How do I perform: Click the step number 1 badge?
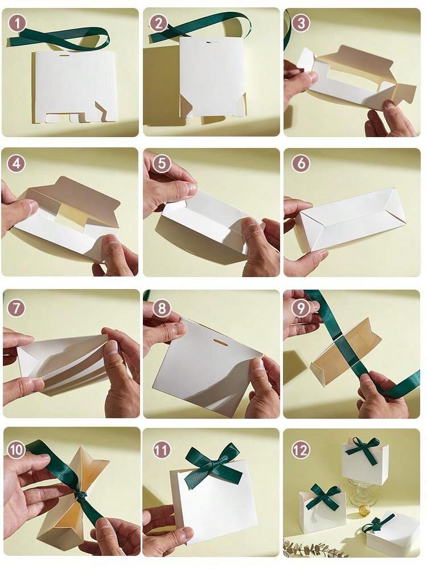tap(17, 23)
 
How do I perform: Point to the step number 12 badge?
tap(300, 450)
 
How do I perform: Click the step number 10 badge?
tap(17, 450)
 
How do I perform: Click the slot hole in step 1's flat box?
tap(64, 56)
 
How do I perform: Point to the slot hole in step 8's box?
tap(219, 342)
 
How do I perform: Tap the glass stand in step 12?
tap(360, 490)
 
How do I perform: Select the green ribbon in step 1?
tap(60, 38)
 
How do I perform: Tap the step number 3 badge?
tap(301, 23)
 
